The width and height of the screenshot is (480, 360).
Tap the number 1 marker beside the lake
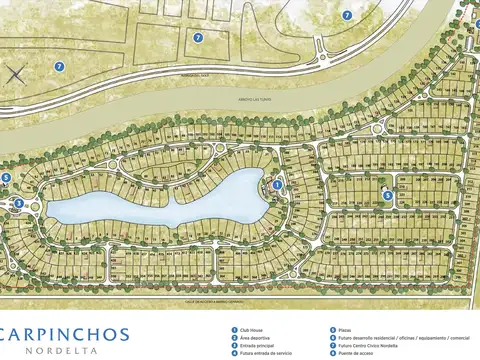(x=277, y=184)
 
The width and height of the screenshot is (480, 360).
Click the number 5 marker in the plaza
(x=388, y=195)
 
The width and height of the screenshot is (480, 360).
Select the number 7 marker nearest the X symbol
(x=59, y=66)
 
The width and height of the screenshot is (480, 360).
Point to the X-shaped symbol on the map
(x=15, y=73)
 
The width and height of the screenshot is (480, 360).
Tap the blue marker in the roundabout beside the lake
(x=18, y=203)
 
